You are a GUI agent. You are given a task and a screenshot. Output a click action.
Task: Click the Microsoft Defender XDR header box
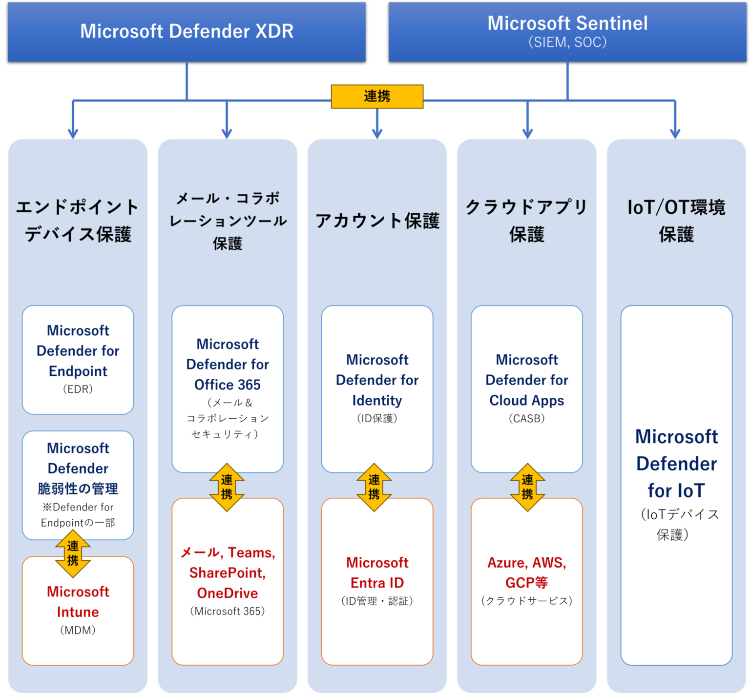point(187,32)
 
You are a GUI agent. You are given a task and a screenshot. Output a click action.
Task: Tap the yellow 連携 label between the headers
point(377,96)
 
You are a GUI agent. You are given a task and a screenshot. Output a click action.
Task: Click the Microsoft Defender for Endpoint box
point(78,359)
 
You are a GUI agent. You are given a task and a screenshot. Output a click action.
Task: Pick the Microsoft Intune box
point(78,615)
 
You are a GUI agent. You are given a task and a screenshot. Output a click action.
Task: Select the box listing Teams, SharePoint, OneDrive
point(228,581)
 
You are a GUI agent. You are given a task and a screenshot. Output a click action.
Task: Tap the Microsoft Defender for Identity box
point(377,386)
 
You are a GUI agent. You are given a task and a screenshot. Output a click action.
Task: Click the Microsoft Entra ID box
point(377,581)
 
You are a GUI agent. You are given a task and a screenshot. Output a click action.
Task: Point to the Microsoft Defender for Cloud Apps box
point(526,386)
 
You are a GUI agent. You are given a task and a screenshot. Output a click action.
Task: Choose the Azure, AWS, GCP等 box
point(526,581)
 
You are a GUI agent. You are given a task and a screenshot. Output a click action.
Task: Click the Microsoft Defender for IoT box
point(676,483)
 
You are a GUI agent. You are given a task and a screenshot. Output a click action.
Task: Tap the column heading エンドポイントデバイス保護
point(78,221)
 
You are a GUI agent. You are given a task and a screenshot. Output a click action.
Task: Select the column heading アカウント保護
point(377,221)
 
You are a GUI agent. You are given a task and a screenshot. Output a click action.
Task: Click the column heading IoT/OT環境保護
point(676,221)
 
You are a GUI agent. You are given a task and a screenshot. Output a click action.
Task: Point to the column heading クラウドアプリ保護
point(526,221)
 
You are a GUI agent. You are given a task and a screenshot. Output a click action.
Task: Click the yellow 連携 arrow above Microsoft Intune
point(73,553)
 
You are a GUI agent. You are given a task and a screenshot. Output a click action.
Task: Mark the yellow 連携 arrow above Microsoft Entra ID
point(374,487)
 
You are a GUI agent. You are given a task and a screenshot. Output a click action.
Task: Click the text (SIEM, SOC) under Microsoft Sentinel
point(567,42)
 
